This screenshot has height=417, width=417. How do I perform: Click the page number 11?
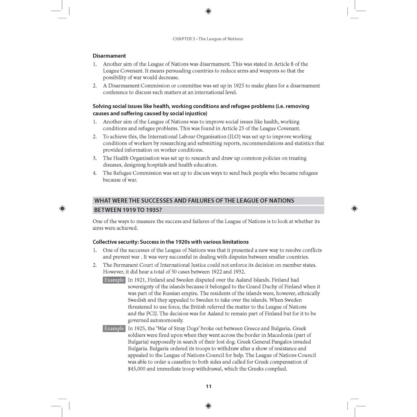(208, 386)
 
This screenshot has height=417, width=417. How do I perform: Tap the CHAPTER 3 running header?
(208, 39)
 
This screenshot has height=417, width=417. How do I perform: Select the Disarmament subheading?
(109, 56)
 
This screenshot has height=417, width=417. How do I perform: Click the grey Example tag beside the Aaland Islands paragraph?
(114, 280)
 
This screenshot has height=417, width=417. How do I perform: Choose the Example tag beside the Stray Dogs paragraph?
(114, 328)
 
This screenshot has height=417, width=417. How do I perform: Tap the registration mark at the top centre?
(208, 11)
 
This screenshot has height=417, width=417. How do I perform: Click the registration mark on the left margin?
(62, 208)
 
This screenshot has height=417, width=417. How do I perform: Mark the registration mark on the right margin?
(354, 208)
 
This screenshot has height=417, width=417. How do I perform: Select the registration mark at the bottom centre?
(208, 406)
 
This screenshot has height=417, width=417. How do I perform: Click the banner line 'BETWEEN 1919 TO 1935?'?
(130, 210)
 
